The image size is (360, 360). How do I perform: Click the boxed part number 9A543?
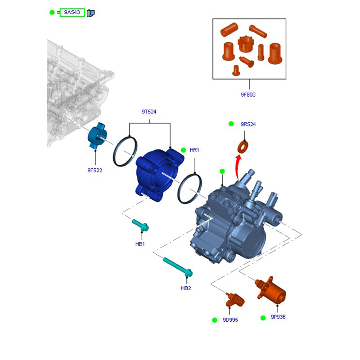[x=72, y=13]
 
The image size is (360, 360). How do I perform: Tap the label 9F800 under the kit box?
[x=248, y=94]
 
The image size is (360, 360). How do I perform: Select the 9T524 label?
[x=149, y=112]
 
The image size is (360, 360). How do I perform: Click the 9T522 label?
[x=94, y=171]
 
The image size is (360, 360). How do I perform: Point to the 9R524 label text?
[x=248, y=124]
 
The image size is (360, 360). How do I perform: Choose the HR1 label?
[x=194, y=150]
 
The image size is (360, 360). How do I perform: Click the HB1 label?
[x=140, y=244]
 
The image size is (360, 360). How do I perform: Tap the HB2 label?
[x=186, y=288]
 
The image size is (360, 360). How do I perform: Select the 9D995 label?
[x=230, y=320]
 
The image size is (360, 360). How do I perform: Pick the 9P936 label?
[x=278, y=317]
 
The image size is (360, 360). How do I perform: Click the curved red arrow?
[x=238, y=167]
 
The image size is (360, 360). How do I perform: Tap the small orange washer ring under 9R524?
[x=243, y=147]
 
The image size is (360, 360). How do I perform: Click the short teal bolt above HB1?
[x=140, y=225]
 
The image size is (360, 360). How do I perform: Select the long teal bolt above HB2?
[x=178, y=267]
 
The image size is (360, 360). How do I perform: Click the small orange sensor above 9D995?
[x=235, y=300]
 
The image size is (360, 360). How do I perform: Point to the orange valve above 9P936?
[x=271, y=290]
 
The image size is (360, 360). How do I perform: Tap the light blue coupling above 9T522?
[x=97, y=136]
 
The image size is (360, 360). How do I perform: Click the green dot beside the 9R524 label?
[x=231, y=124]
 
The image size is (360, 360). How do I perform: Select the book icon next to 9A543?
[x=91, y=13]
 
